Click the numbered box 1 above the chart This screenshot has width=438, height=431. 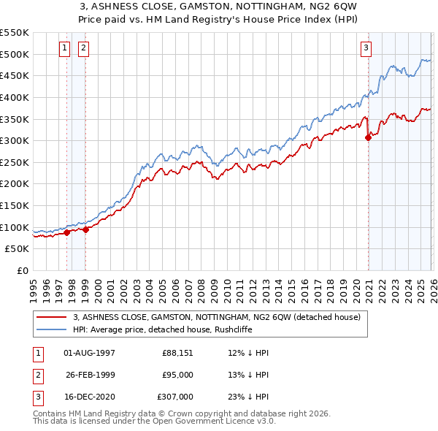coord(65,49)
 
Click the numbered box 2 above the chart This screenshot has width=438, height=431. coord(83,49)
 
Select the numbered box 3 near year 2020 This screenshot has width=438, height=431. coord(366,49)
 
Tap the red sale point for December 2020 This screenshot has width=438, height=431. coord(368,138)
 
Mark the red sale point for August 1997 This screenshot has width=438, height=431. coord(66,233)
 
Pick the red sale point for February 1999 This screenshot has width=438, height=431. coord(86,229)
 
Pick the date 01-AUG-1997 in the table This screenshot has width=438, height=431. coord(89,352)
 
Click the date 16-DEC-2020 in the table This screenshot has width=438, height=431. coord(89,396)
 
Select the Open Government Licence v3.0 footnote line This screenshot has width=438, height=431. coord(142,422)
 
